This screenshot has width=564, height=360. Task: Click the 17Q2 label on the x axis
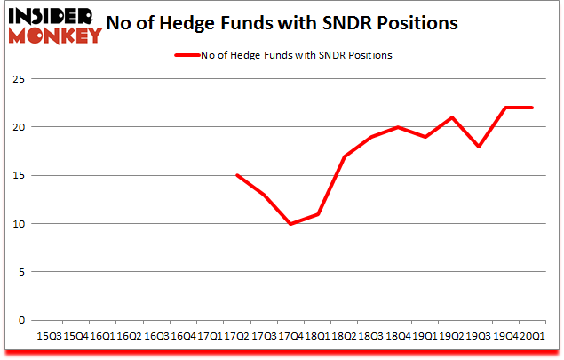click(236, 336)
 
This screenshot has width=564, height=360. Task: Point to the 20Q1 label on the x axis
click(533, 336)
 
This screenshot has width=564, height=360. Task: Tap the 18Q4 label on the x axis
click(398, 336)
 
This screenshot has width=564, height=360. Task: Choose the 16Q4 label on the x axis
click(182, 336)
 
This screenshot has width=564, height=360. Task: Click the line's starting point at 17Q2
click(236, 175)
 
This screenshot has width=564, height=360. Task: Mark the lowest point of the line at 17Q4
click(290, 224)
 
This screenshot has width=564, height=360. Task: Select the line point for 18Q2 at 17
click(344, 156)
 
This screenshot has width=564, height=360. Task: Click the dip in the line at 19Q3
click(479, 147)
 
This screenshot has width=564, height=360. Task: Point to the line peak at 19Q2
click(452, 117)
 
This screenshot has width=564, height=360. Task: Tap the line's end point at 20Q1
click(533, 108)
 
